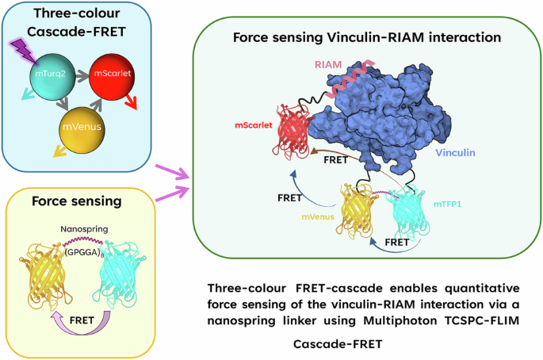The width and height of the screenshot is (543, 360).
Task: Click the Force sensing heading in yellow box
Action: (68, 201)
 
